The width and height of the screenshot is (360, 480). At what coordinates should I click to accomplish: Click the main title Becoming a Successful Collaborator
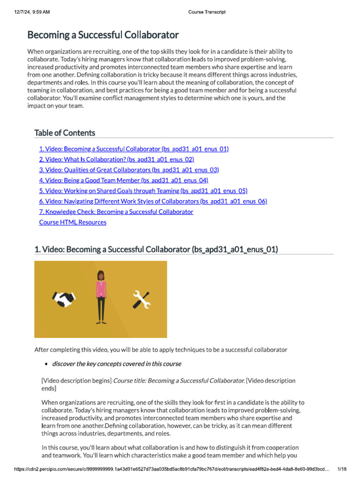pyautogui.click(x=103, y=35)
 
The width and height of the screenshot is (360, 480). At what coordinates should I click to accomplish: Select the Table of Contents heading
pyautogui.click(x=65, y=133)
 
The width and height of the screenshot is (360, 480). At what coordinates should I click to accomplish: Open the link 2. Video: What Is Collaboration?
pyautogui.click(x=116, y=159)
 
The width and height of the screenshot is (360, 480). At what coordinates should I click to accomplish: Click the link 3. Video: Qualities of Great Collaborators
pyautogui.click(x=129, y=170)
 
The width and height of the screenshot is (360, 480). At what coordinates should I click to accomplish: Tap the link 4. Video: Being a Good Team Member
pyautogui.click(x=123, y=180)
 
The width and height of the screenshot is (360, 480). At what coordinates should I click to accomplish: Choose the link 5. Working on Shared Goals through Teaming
pyautogui.click(x=143, y=191)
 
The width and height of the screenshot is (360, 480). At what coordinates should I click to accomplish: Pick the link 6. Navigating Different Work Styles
pyautogui.click(x=153, y=201)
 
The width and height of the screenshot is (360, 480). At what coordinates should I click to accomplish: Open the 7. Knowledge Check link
pyautogui.click(x=116, y=212)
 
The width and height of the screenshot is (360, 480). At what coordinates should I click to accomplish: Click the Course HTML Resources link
pyautogui.click(x=73, y=222)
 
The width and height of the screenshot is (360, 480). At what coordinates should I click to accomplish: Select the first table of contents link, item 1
pyautogui.click(x=134, y=149)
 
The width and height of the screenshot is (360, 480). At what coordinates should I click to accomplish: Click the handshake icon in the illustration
pyautogui.click(x=64, y=300)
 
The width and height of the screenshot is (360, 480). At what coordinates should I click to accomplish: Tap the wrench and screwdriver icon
pyautogui.click(x=141, y=300)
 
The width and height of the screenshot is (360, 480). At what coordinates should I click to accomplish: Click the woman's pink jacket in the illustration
pyautogui.click(x=101, y=289)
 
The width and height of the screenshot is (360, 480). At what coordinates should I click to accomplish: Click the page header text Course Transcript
pyautogui.click(x=207, y=12)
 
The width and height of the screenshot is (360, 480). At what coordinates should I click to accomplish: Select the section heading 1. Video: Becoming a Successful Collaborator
pyautogui.click(x=156, y=250)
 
